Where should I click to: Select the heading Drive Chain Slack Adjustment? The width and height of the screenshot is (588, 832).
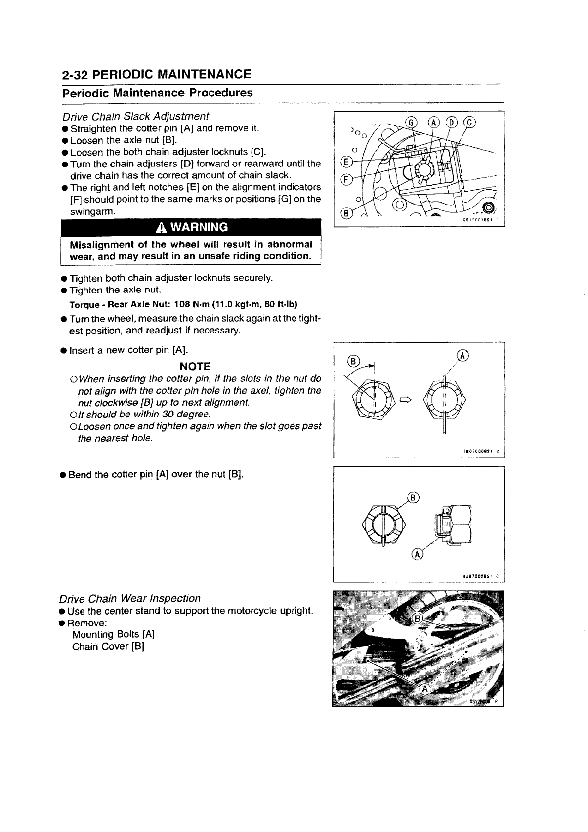pyautogui.click(x=135, y=116)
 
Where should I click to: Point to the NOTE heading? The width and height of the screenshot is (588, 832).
pyautogui.click(x=195, y=366)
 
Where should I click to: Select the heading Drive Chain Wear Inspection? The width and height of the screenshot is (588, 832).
pyautogui.click(x=130, y=599)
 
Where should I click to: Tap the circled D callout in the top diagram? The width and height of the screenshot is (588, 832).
pyautogui.click(x=452, y=122)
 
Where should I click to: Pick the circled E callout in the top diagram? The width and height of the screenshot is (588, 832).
pyautogui.click(x=345, y=163)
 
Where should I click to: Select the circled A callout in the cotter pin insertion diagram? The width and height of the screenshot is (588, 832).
pyautogui.click(x=462, y=355)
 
